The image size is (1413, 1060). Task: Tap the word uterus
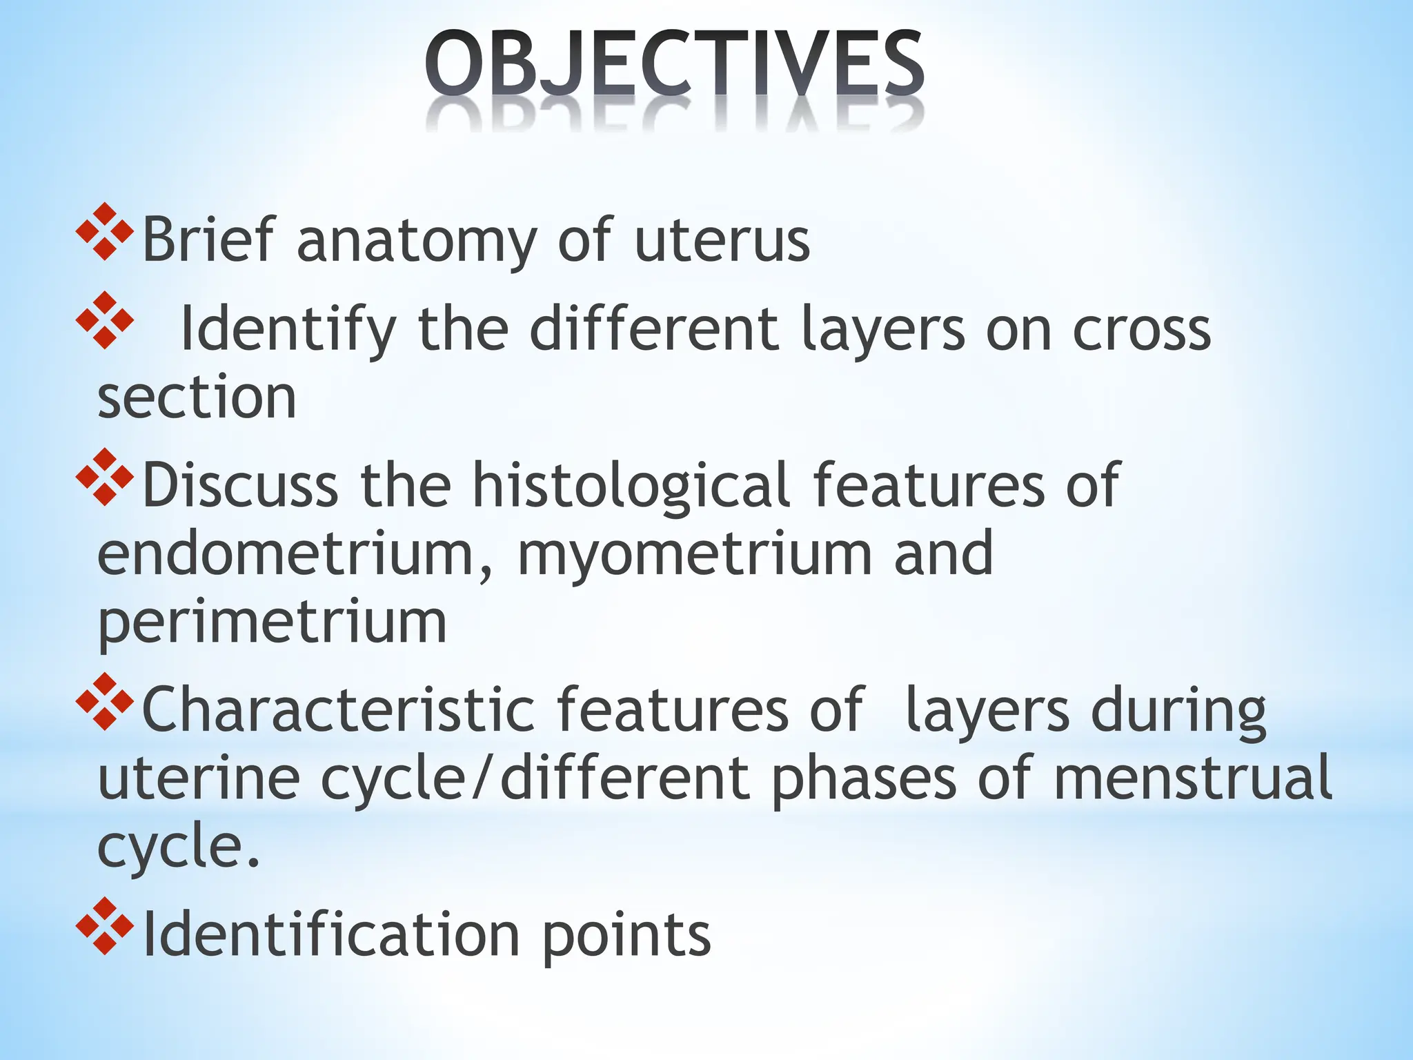tap(722, 242)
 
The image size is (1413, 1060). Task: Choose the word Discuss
tap(239, 485)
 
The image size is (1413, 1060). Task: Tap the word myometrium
tap(695, 555)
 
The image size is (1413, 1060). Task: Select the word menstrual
tap(1192, 778)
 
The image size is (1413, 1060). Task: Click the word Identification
tap(330, 934)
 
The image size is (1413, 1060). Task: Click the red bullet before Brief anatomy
tap(104, 232)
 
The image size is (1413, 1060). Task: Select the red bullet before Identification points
tap(104, 926)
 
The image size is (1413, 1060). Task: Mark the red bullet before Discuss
tap(104, 477)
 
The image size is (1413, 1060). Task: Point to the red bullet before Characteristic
tap(104, 701)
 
